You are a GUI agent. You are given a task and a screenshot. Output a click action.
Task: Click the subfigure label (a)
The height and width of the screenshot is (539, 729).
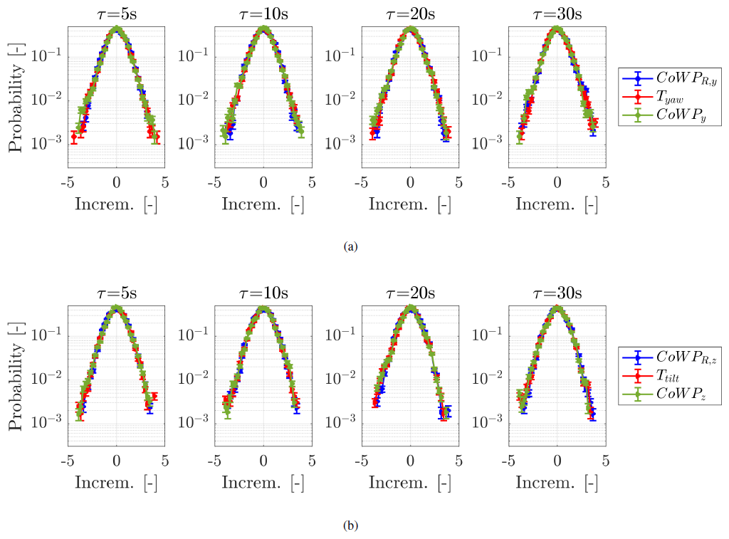coord(350,246)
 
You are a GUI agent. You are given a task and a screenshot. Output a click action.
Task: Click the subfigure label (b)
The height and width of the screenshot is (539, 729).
coord(350,526)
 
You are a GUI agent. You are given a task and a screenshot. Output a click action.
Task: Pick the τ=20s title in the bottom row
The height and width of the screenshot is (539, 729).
coord(410,293)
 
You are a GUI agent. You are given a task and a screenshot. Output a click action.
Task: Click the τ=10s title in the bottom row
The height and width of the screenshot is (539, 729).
coord(263,293)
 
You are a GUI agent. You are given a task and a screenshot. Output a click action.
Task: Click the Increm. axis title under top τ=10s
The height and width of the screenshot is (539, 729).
coord(263,204)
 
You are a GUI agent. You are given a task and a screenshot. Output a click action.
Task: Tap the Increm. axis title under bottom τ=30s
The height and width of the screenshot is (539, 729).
coord(557,483)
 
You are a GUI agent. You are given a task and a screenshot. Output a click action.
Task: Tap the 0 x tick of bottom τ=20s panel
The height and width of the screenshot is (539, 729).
coord(411,461)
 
